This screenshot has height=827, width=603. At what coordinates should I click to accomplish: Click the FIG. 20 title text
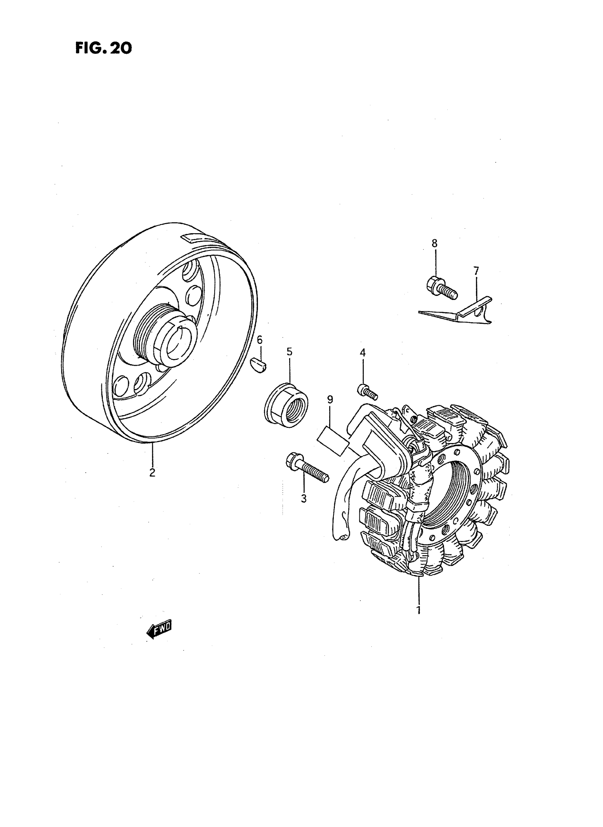[x=103, y=48]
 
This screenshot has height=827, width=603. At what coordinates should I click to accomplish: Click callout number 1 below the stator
[x=419, y=610]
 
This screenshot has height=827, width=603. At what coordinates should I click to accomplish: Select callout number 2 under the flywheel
[x=152, y=473]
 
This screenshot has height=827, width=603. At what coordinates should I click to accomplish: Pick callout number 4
[x=363, y=352]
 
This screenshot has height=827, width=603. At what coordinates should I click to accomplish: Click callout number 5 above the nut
[x=289, y=352]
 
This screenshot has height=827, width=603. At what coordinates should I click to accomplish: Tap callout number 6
[x=260, y=340]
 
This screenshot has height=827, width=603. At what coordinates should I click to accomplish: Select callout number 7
[x=476, y=271]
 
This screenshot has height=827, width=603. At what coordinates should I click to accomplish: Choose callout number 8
[x=435, y=243]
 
